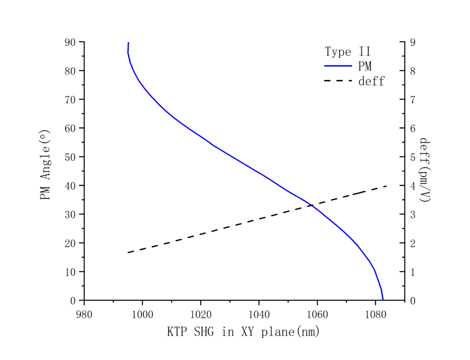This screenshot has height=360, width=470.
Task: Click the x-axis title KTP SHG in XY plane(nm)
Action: click(x=243, y=332)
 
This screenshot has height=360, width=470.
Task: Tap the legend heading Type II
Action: click(x=347, y=52)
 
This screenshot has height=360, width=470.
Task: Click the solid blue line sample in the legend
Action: click(x=339, y=66)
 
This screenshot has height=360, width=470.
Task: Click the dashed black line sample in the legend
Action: click(x=339, y=81)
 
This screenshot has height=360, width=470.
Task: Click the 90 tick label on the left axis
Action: click(x=70, y=42)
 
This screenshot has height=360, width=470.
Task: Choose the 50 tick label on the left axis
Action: click(x=70, y=157)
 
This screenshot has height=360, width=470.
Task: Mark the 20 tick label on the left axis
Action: click(x=70, y=243)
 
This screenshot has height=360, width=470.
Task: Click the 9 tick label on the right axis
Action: click(x=413, y=42)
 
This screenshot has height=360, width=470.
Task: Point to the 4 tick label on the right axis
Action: click(x=413, y=186)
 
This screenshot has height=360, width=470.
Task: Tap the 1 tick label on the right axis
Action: click(x=413, y=272)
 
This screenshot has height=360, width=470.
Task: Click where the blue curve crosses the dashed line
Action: click(x=312, y=205)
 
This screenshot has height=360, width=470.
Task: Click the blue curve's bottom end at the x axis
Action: click(x=383, y=300)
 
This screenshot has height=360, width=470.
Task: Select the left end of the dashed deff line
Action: click(x=128, y=253)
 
